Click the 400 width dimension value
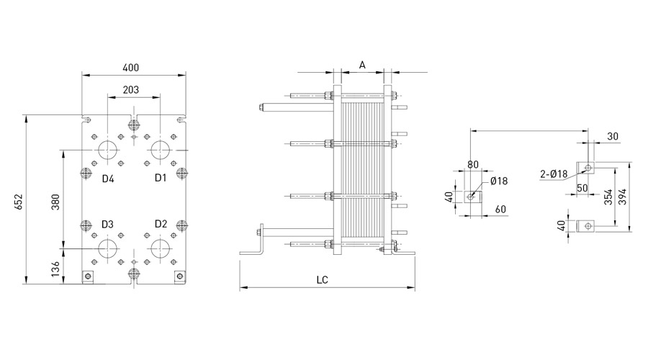130,68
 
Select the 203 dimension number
130,90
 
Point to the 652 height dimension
19,202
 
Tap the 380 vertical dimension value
55,202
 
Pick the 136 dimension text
55,269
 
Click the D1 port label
161,178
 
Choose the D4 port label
108,179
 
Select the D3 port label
107,224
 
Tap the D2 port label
161,224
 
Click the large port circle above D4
108,150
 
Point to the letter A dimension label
362,65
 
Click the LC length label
323,280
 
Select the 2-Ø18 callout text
554,174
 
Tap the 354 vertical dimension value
608,197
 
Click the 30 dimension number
613,136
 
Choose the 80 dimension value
473,164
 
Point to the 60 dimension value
500,210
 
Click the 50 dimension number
582,188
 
